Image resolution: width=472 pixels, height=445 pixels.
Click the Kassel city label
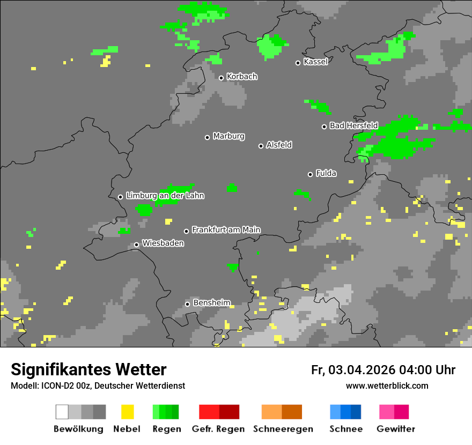pyautogui.click(x=315, y=62)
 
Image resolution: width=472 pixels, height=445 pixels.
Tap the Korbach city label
pyautogui.click(x=242, y=77)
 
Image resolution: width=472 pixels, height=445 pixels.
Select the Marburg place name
pyautogui.click(x=228, y=136)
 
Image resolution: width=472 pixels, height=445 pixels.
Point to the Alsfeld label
pyautogui.click(x=279, y=145)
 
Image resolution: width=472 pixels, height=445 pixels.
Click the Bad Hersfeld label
pyautogui.click(x=353, y=125)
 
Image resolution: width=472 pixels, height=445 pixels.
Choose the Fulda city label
pyautogui.click(x=326, y=173)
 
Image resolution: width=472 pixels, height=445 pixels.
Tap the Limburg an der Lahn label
pyautogui.click(x=165, y=196)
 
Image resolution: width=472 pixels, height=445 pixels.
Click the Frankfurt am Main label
pyautogui.click(x=226, y=229)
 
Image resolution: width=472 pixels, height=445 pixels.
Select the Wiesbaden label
pyautogui.click(x=163, y=243)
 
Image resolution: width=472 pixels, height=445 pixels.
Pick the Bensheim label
pyautogui.click(x=211, y=303)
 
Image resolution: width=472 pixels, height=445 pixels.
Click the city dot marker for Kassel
pyautogui.click(x=298, y=63)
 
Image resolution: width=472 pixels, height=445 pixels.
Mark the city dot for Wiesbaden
pyautogui.click(x=137, y=244)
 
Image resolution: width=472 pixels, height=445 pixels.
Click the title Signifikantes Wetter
pyautogui.click(x=88, y=369)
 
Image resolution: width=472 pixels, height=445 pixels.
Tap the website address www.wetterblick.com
pyautogui.click(x=387, y=385)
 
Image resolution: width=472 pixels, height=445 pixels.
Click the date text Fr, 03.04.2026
pyautogui.click(x=353, y=370)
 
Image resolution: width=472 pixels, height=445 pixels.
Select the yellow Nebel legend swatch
pyautogui.click(x=127, y=412)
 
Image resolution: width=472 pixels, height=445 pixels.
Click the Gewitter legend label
pyautogui.click(x=395, y=429)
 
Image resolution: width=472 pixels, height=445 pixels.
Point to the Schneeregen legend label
pyautogui.click(x=282, y=429)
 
